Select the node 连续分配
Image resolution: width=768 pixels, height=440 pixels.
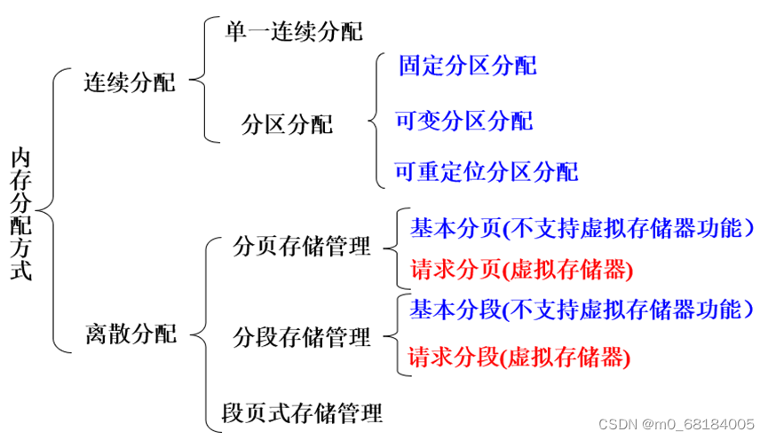point(131,83)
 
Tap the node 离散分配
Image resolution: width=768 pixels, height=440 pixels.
point(131,334)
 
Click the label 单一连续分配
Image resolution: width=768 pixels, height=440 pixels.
point(294,32)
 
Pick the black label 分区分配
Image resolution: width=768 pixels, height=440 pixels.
point(287,125)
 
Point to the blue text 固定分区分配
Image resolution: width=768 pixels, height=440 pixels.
point(467,65)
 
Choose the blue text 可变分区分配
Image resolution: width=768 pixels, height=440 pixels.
point(463,121)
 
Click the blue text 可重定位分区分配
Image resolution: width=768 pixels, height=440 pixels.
point(486,170)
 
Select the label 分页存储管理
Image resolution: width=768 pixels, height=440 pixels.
point(301,246)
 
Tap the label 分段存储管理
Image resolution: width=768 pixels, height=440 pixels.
point(301,337)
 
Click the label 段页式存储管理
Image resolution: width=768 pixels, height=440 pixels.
point(302,412)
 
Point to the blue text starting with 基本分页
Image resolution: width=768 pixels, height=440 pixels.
point(582,228)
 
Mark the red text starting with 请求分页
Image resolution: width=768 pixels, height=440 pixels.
point(522,269)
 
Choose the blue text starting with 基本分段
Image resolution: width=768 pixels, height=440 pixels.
point(582,310)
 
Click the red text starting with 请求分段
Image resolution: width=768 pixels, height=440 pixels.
point(519,357)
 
